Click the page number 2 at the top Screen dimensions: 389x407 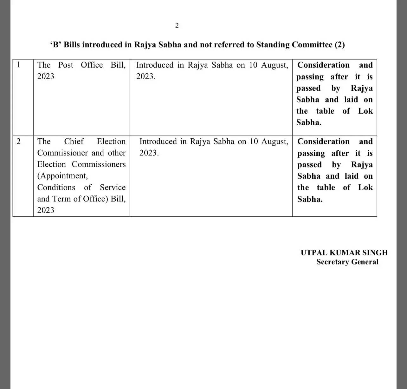coord(177,25)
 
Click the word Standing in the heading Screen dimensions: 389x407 coord(273,45)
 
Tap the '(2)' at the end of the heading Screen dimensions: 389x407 coord(339,45)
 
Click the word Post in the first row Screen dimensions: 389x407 coord(66,65)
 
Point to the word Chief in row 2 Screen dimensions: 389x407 coord(74,142)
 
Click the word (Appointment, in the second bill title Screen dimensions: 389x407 coord(62,176)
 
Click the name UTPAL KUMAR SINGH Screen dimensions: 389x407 coord(344,253)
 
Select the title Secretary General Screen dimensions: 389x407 coord(347,262)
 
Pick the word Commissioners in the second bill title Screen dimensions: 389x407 coord(99,164)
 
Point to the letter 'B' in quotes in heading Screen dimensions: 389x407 coord(56,45)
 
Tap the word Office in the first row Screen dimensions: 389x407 coord(92,65)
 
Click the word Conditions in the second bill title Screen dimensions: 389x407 coord(56,188)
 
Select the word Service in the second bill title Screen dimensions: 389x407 coord(113,188)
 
